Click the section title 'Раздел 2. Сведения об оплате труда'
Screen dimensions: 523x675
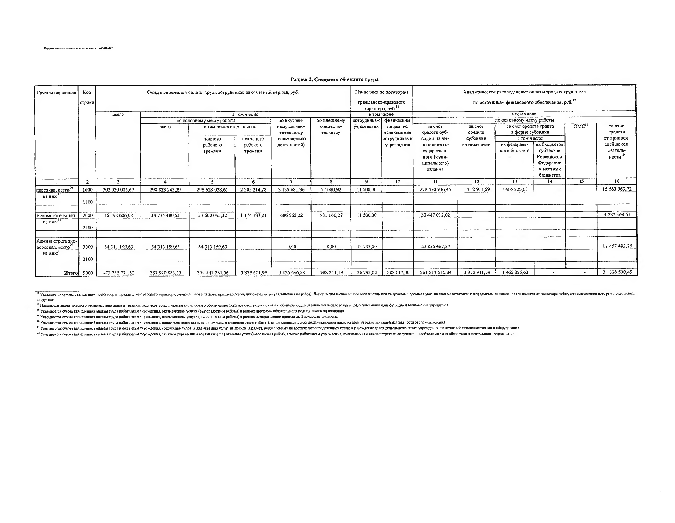coord(334,79)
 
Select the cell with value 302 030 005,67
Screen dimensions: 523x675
coord(118,190)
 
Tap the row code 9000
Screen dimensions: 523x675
coord(88,273)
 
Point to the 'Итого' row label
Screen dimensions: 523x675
coord(71,273)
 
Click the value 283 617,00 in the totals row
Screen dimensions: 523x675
coord(398,272)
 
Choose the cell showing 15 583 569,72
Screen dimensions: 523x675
coord(617,189)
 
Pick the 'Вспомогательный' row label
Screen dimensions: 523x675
coord(56,216)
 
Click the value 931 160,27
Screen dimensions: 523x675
coord(331,215)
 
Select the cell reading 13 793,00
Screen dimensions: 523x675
coord(367,247)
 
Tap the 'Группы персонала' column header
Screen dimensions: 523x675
coord(56,93)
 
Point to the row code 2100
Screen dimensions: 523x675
coord(88,228)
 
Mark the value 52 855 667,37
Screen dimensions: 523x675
coord(435,247)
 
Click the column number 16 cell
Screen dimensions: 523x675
coord(617,181)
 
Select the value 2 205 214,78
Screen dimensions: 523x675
coord(253,190)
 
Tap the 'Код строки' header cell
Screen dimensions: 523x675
coord(87,97)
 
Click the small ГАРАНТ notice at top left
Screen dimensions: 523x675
coord(79,48)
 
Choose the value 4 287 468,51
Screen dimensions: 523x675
coord(617,214)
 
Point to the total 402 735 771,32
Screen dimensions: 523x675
coord(118,273)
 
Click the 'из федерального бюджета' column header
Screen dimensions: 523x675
coord(515,148)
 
